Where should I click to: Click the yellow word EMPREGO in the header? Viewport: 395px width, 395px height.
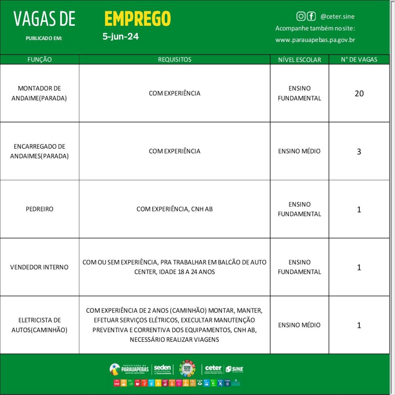137,19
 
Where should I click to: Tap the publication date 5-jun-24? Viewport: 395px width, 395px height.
121,37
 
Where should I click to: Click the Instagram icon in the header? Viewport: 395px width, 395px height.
301,16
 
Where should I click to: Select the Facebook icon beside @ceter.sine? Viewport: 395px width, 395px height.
311,16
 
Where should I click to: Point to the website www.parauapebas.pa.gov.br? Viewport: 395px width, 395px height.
315,40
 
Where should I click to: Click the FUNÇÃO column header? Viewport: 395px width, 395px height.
39,59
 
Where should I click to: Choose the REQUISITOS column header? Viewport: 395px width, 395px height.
174,59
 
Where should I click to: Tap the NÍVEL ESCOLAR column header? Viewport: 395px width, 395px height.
299,59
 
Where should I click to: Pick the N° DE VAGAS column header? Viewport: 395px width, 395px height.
359,59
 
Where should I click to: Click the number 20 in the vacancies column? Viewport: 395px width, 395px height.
359,93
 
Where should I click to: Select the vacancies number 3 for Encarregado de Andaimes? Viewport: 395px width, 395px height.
359,152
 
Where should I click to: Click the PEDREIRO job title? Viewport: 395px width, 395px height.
39,209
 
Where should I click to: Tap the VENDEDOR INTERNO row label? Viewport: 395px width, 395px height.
39,267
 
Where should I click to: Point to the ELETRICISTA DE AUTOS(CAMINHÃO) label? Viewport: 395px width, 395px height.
39,325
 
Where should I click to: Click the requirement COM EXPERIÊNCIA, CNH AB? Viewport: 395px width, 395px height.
174,209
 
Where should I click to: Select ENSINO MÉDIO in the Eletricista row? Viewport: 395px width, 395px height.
299,325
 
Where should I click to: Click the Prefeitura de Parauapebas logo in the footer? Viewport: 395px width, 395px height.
129,369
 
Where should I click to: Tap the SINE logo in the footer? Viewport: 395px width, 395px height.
235,369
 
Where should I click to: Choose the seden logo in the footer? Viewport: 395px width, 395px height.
162,369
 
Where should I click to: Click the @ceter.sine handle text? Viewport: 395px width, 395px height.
338,17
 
